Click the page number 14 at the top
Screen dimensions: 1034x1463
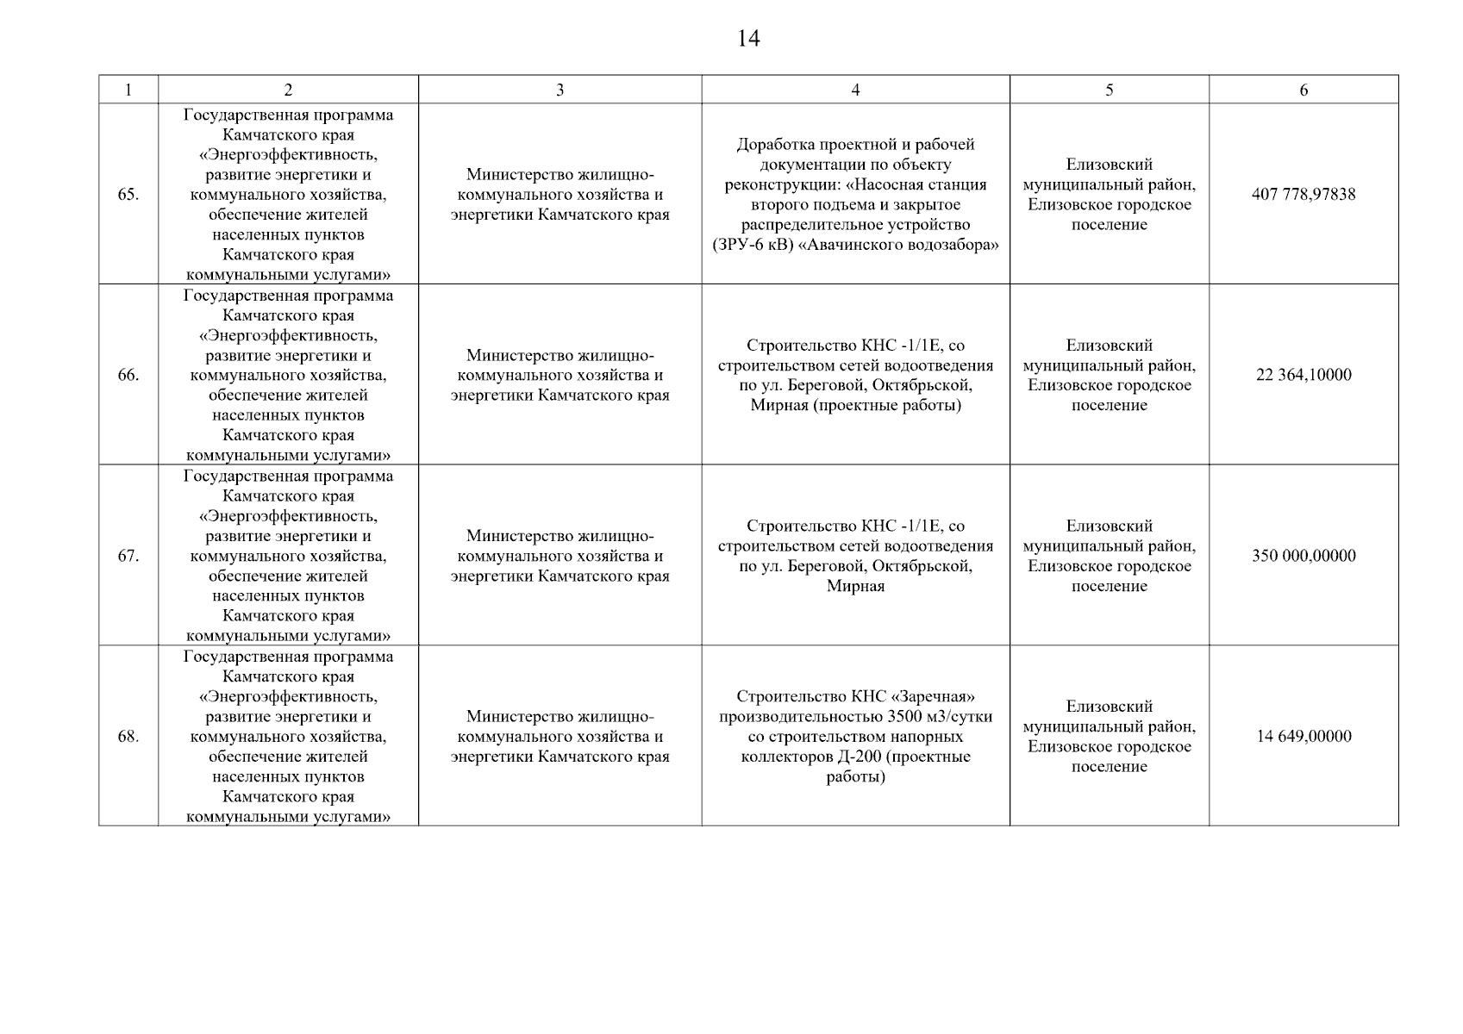pos(748,39)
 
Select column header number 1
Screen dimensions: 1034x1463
pos(128,90)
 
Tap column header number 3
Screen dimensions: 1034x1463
pos(560,90)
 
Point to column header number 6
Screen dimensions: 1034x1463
pos(1304,90)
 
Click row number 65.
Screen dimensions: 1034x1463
pos(128,195)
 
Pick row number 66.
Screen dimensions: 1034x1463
pos(128,376)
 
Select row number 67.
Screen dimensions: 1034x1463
pos(128,557)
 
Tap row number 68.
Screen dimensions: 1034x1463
pos(128,737)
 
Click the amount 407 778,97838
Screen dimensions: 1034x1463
pos(1304,195)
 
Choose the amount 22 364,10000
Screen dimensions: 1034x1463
pos(1304,376)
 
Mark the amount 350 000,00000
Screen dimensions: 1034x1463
pos(1304,557)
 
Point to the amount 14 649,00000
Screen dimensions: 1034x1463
pos(1304,737)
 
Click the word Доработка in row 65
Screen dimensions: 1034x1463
pos(772,145)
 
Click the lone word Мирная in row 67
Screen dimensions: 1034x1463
pos(855,587)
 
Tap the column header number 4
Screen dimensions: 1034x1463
pos(855,90)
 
